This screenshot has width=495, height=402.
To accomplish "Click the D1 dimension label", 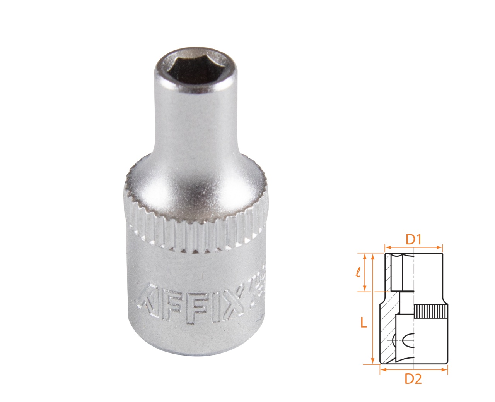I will tap(413, 240).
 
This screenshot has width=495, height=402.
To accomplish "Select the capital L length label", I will tap(364, 322).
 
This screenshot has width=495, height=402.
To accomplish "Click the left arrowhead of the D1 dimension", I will tap(387, 246).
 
